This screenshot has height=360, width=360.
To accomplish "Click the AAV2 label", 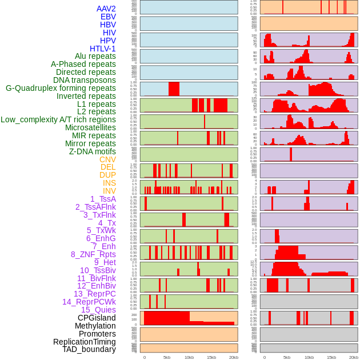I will click(106, 9).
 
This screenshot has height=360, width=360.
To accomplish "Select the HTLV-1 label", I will click(103, 49).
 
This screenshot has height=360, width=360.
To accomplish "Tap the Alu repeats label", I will click(95, 56).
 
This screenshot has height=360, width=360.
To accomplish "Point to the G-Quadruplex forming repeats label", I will click(61, 88).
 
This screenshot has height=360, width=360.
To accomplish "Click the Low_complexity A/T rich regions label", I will click(58, 119).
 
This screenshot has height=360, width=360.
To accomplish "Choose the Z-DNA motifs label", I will click(93, 151).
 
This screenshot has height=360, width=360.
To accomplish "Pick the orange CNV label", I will click(107, 159).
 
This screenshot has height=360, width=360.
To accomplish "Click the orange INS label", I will click(109, 183).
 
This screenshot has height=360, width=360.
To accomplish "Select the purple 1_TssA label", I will click(103, 199).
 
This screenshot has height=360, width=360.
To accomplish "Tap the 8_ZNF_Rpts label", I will click(93, 254).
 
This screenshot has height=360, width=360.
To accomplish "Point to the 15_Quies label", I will click(98, 310).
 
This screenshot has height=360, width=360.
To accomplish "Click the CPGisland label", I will click(97, 318).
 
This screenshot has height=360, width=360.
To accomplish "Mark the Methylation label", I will click(95, 326).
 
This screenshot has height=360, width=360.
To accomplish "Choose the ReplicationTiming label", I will click(84, 342).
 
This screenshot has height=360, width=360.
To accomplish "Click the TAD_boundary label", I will click(89, 349).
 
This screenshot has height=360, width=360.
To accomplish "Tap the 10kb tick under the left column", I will click(189, 357).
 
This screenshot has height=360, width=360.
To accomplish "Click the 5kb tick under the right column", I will click(287, 357).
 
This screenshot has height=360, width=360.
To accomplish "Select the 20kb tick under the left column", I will click(234, 357).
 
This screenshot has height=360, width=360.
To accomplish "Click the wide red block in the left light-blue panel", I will click(174, 89).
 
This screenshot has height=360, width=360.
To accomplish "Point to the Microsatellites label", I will click(90, 127).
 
